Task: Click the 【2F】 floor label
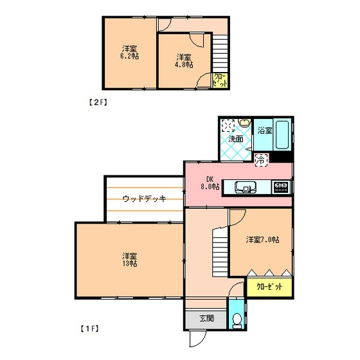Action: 98,102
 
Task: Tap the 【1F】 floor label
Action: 89,328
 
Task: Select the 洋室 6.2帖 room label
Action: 130,52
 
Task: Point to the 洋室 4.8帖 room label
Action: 184,61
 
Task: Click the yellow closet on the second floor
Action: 220,80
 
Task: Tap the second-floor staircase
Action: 220,53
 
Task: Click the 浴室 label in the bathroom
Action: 264,130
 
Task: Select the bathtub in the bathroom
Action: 282,134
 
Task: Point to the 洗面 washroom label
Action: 236,139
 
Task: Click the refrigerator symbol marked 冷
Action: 262,159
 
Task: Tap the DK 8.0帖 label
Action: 210,183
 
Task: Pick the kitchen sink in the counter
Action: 245,187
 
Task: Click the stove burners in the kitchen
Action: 282,187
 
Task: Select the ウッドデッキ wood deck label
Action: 144,199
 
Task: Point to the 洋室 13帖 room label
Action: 130,260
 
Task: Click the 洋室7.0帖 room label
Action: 263,240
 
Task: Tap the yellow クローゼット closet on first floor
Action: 269,287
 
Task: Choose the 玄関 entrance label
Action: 206,318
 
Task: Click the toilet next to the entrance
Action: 237,321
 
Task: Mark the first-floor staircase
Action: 220,252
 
